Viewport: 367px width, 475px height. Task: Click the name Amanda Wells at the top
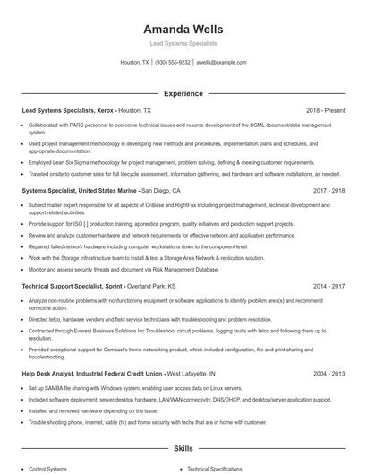click(x=183, y=29)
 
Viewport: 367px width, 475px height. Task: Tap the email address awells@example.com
click(x=221, y=63)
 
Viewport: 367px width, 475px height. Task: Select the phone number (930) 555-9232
click(x=173, y=63)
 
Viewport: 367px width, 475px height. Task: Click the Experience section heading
click(x=183, y=93)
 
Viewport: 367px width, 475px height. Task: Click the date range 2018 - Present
click(x=324, y=110)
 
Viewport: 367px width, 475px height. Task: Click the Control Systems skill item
click(x=48, y=469)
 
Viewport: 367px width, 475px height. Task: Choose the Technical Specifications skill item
click(x=215, y=469)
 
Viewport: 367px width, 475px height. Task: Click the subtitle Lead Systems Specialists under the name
click(x=183, y=43)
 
